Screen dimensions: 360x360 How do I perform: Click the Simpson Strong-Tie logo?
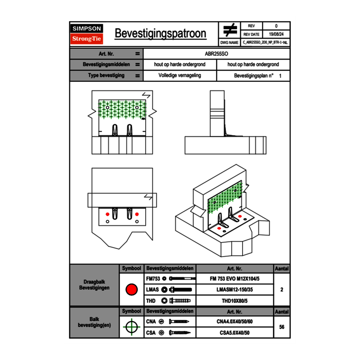pyautogui.click(x=87, y=34)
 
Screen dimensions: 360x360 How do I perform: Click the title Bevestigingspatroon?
pyautogui.click(x=160, y=34)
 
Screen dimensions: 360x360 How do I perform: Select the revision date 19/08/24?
pyautogui.click(x=276, y=34)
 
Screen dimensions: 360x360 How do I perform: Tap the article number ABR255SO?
pyautogui.click(x=216, y=54)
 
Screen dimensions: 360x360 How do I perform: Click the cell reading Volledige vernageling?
pyautogui.click(x=180, y=76)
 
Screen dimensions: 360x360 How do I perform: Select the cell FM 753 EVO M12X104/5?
pyautogui.click(x=234, y=279)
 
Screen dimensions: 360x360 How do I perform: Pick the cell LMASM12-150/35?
pyautogui.click(x=234, y=290)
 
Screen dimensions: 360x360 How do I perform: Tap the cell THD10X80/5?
pyautogui.click(x=234, y=301)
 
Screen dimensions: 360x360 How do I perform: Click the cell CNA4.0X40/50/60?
pyautogui.click(x=234, y=322)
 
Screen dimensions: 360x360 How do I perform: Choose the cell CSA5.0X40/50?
pyautogui.click(x=234, y=333)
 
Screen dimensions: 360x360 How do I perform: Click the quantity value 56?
pyautogui.click(x=281, y=327)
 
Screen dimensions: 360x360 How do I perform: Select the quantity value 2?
pyautogui.click(x=281, y=290)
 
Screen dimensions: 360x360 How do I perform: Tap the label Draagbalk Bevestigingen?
pyautogui.click(x=94, y=285)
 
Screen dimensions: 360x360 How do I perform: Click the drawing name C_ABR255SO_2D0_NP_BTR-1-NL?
pyautogui.click(x=265, y=42)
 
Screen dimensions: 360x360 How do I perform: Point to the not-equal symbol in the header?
pyautogui.click(x=229, y=30)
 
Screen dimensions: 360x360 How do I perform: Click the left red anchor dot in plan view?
pyautogui.click(x=108, y=214)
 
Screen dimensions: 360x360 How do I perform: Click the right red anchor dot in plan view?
pyautogui.click(x=137, y=214)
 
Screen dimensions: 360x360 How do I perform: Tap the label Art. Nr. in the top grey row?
pyautogui.click(x=106, y=54)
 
